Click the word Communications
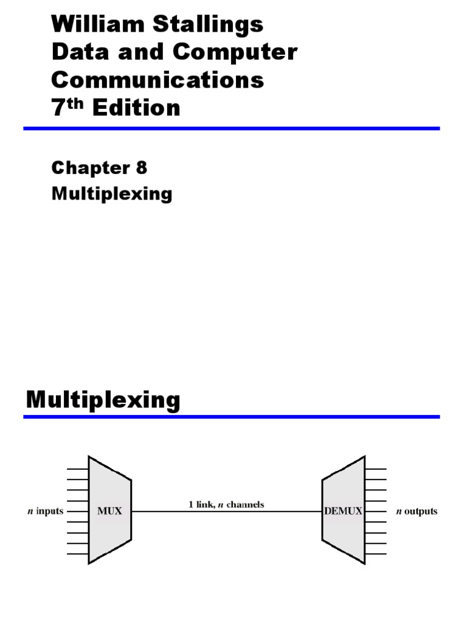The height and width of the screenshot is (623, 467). [158, 80]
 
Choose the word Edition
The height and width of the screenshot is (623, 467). [136, 108]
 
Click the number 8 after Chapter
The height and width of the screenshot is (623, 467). [142, 168]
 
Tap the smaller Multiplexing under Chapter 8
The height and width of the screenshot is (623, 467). [112, 194]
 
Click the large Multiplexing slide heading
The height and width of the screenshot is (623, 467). [103, 400]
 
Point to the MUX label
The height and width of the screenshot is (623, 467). [110, 512]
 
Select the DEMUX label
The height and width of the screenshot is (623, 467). [343, 512]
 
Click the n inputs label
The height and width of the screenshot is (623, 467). [46, 512]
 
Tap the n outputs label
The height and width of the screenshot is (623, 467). [417, 512]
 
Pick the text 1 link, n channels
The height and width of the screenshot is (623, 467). [226, 504]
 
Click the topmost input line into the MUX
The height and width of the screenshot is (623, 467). [78, 468]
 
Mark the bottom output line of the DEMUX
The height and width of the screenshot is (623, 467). [376, 554]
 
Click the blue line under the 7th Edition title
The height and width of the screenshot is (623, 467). [231, 128]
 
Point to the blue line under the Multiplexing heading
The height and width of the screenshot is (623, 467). [231, 417]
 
